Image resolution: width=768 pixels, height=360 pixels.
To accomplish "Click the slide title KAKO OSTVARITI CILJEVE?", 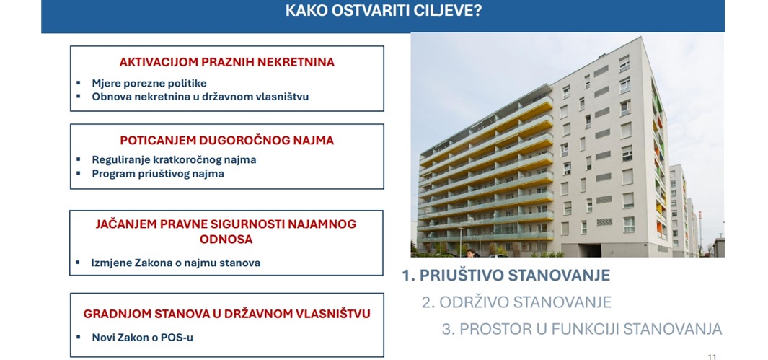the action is click(x=383, y=10).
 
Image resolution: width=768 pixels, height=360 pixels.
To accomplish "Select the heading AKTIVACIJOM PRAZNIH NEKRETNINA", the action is click(x=226, y=62).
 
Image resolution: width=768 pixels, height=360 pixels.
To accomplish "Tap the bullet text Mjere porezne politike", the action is click(x=149, y=83).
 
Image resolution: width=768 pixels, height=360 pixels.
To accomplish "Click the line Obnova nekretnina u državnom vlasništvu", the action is click(x=200, y=96).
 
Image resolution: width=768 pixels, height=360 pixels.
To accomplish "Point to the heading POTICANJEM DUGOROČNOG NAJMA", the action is click(x=226, y=141).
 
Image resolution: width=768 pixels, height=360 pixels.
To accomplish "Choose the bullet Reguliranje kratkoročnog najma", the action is click(x=174, y=159).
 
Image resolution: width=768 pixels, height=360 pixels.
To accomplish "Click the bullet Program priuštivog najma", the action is click(x=158, y=173).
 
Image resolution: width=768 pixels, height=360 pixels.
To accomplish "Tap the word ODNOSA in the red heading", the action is click(x=226, y=240).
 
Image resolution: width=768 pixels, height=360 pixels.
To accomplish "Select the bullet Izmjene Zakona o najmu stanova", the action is click(x=175, y=263).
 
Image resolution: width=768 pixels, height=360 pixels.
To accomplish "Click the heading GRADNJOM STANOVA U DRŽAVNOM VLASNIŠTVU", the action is click(x=226, y=314).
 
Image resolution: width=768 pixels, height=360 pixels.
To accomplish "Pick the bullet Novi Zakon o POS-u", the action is click(x=142, y=338).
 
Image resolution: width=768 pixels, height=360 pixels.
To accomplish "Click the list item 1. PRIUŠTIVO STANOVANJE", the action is click(x=506, y=276).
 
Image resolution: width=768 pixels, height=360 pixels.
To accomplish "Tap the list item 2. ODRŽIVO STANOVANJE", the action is click(x=516, y=302).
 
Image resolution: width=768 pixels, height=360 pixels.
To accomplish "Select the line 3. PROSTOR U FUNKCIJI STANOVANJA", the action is click(x=582, y=329).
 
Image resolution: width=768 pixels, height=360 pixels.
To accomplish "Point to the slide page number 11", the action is click(x=712, y=356).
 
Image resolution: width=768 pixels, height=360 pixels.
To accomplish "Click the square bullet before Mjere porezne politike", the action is click(x=78, y=82).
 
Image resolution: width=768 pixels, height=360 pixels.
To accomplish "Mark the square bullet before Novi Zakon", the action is click(x=78, y=336).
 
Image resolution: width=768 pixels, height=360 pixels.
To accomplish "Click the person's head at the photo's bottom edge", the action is click(x=471, y=253).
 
